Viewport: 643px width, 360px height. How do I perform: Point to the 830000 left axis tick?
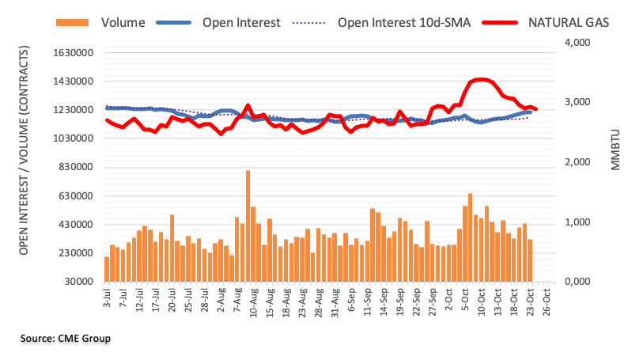(x=75, y=168)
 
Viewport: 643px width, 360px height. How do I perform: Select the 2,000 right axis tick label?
(x=577, y=162)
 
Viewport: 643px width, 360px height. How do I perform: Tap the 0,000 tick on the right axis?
(x=577, y=282)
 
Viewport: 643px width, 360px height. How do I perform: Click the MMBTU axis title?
(x=617, y=150)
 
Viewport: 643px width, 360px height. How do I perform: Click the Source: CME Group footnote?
(x=66, y=339)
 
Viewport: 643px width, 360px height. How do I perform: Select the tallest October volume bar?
(x=470, y=237)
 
